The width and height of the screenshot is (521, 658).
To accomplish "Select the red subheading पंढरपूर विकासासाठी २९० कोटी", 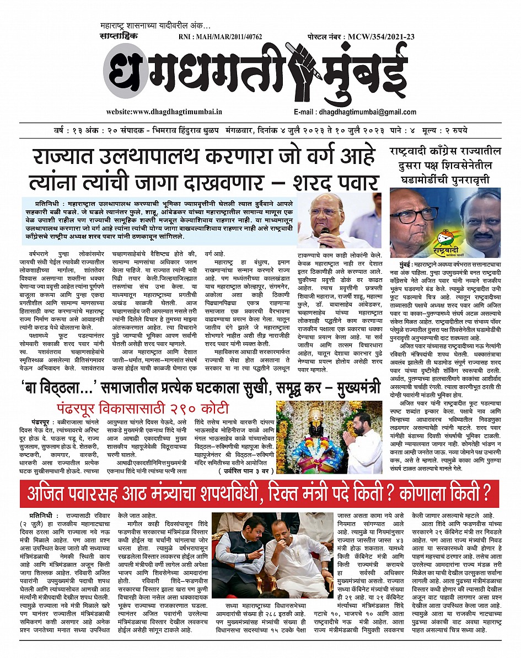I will [142, 408].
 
